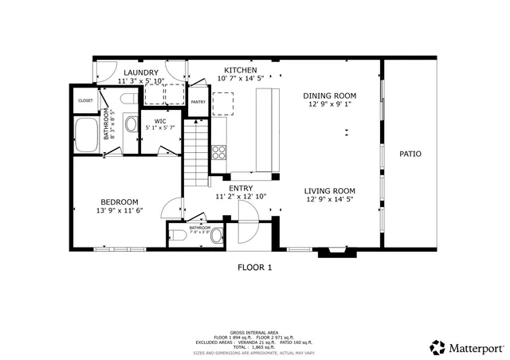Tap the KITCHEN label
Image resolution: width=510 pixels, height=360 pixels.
pos(240,71)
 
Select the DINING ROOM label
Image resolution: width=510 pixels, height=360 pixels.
pos(329,95)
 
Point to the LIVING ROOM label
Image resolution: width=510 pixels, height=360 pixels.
pos(329,190)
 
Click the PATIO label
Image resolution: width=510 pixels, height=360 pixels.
pos(410,154)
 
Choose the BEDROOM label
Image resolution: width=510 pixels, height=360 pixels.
pos(120,202)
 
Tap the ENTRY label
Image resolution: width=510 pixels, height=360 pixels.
pos(241,188)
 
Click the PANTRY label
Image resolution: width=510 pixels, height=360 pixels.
pos(198,102)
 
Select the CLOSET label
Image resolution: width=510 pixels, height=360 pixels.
pos(85,100)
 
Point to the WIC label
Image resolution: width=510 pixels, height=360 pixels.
pos(159,122)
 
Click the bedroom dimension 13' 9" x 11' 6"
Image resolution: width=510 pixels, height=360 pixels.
pos(120,210)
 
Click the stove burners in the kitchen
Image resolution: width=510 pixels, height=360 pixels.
pos(220,151)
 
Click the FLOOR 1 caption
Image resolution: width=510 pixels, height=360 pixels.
pos(255,268)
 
